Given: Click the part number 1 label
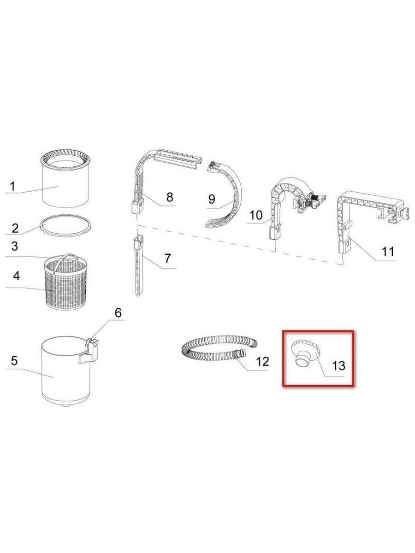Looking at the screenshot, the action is pyautogui.click(x=12, y=187).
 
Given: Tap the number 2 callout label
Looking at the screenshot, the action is pyautogui.click(x=15, y=228).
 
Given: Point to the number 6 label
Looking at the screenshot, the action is pyautogui.click(x=118, y=312).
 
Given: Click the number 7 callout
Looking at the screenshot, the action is pyautogui.click(x=168, y=259).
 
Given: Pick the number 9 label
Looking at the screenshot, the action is pyautogui.click(x=212, y=199).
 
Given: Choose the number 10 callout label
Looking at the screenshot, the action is pyautogui.click(x=256, y=215).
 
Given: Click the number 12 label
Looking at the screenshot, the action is pyautogui.click(x=262, y=362).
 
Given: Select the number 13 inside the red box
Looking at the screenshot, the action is pyautogui.click(x=338, y=365).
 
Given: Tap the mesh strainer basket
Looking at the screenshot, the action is pyautogui.click(x=66, y=284).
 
